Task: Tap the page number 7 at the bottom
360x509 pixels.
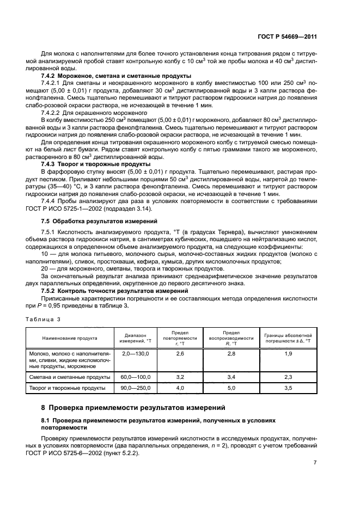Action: [315, 462]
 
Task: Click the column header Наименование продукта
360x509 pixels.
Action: [70, 338]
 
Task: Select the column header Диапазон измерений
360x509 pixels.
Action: [133, 338]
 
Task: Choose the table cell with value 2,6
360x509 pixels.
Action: [180, 354]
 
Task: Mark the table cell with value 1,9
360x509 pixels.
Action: [288, 354]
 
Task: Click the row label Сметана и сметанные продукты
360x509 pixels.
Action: [70, 377]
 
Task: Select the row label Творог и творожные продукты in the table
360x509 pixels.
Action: [69, 388]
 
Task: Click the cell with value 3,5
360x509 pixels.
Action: [288, 388]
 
